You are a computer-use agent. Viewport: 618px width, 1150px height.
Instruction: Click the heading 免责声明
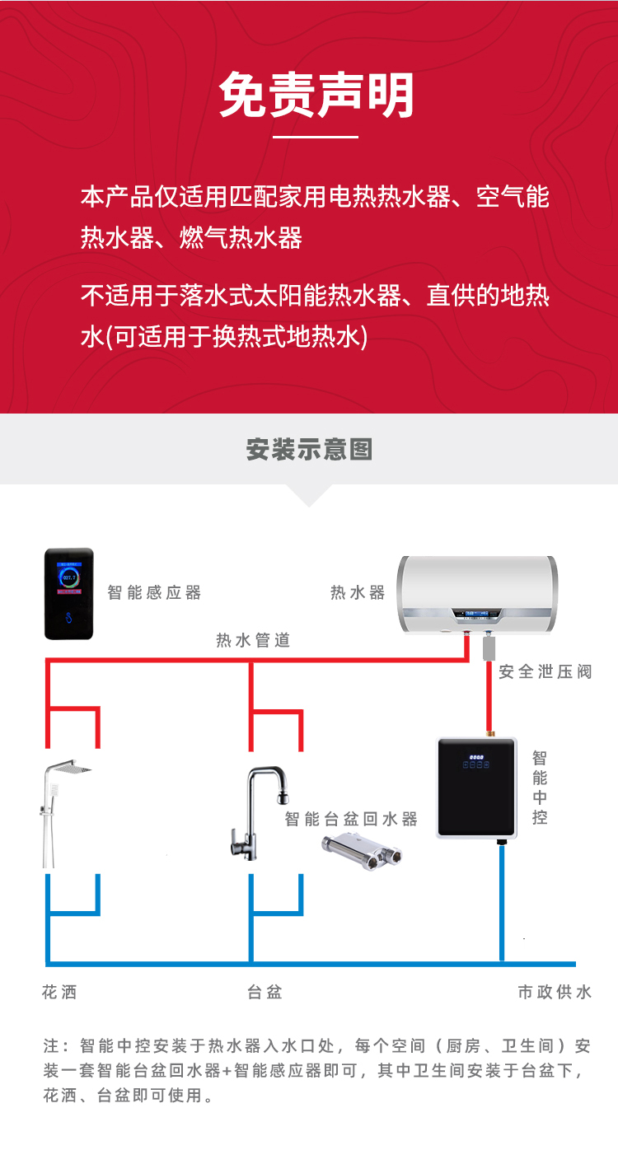316,96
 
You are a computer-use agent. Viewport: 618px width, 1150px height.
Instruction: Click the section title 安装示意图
309,450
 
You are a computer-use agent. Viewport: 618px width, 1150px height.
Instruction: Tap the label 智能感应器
154,592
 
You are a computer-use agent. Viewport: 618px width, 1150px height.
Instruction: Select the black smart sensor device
68,593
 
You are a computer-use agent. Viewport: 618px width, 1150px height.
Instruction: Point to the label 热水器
358,592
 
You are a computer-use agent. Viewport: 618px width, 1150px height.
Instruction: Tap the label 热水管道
253,640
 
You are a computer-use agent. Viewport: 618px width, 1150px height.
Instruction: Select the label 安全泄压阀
545,671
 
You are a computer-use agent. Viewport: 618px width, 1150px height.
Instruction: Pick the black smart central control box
477,788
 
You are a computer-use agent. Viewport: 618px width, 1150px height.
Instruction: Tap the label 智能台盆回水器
351,819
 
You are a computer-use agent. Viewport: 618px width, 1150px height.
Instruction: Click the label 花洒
59,992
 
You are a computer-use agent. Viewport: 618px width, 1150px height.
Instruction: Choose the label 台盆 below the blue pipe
265,992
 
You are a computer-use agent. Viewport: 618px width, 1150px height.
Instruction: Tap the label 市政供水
555,992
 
